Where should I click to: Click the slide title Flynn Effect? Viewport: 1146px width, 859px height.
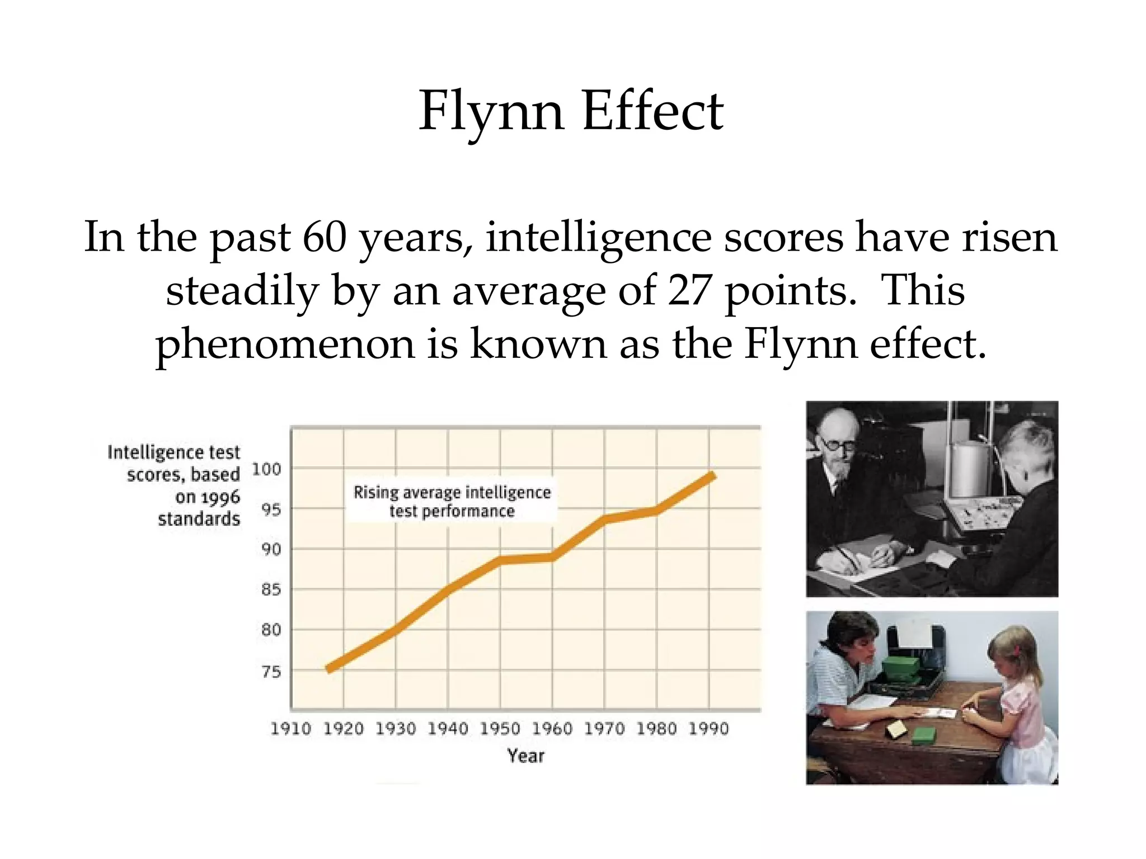click(571, 111)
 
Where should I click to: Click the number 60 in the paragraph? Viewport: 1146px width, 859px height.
click(324, 237)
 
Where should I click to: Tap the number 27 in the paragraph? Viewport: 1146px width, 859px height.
click(689, 291)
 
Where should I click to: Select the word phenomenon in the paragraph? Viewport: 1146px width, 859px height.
click(285, 343)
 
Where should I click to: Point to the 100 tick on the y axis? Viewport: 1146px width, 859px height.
click(266, 469)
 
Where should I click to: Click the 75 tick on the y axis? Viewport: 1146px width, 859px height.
click(271, 671)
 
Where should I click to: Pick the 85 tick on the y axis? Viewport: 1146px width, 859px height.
click(271, 589)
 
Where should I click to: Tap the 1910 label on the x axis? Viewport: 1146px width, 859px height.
click(290, 729)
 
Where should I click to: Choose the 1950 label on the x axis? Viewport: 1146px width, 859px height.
click(500, 729)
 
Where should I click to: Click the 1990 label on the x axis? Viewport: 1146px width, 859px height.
click(708, 729)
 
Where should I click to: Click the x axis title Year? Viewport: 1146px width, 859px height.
click(525, 756)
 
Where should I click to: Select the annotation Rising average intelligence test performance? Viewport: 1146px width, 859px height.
click(452, 501)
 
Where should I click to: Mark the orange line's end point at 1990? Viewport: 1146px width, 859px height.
click(713, 476)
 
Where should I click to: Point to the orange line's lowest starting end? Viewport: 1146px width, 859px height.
click(329, 668)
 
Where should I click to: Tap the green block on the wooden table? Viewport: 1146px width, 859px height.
click(923, 735)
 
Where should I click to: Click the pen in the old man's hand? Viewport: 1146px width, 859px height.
click(848, 556)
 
